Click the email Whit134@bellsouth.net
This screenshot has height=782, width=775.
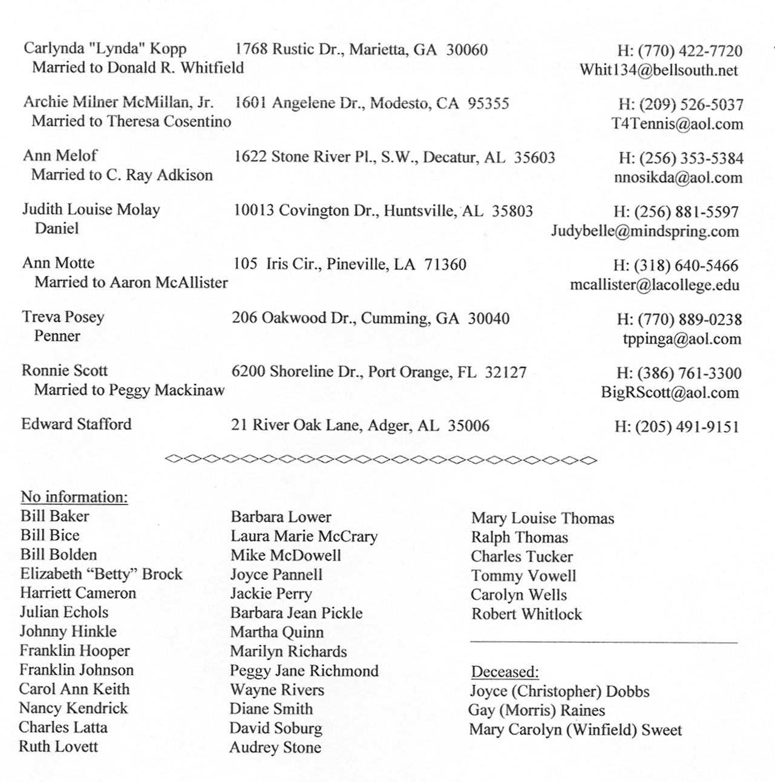point(658,70)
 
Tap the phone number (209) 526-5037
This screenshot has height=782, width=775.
point(690,105)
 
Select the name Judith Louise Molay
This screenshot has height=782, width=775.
point(91,210)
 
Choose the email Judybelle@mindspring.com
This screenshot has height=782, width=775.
point(644,231)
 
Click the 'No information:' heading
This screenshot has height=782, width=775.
point(74,497)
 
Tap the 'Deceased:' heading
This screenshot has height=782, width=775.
point(505,672)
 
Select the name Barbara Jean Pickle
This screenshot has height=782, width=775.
point(296,613)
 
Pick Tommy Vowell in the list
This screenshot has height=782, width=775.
point(523,576)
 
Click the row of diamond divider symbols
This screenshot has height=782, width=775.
point(381,460)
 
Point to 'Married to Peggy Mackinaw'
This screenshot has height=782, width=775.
point(129,390)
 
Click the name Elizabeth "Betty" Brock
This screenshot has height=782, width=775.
point(101,574)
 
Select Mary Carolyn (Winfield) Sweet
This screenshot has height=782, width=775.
point(575,730)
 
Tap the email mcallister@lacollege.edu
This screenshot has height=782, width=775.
point(654,285)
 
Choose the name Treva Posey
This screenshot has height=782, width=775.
point(63,317)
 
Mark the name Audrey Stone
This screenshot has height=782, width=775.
point(275,748)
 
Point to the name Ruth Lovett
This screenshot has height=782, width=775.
point(58,746)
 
